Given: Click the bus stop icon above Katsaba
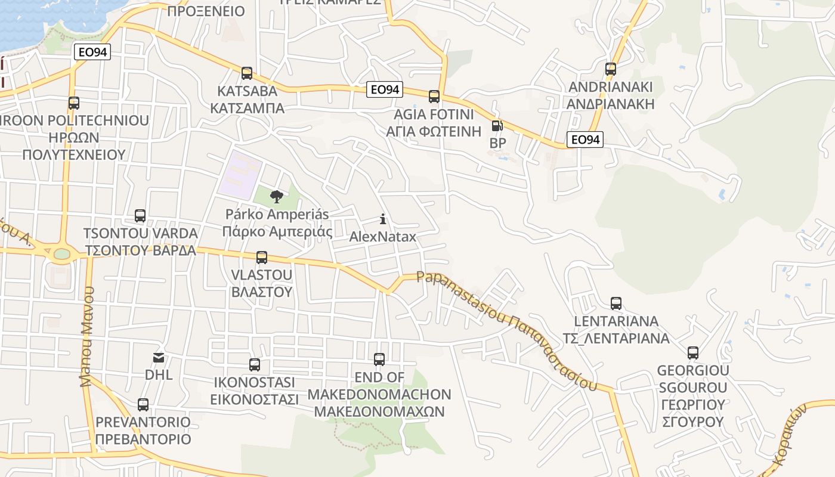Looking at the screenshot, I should [247, 73].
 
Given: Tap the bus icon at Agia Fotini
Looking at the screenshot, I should [434, 96].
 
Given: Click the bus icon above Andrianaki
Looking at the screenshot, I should [611, 69].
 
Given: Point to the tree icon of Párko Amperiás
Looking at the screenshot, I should [276, 196].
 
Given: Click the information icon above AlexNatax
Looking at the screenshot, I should [383, 219].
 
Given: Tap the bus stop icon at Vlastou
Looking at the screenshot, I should [262, 258].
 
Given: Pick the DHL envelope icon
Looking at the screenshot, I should [159, 358].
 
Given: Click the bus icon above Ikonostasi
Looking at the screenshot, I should [255, 365].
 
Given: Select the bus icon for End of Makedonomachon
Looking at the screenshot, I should [379, 360].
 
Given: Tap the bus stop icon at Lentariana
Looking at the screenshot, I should [616, 303].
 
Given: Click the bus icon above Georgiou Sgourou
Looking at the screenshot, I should [693, 353].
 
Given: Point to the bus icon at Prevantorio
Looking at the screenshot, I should [143, 405].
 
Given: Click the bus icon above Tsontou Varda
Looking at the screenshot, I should [140, 216].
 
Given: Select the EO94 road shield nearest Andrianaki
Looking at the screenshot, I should [584, 140].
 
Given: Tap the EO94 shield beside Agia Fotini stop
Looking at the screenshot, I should [385, 89].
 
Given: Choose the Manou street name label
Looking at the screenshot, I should [88, 336].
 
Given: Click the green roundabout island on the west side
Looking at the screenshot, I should [62, 254].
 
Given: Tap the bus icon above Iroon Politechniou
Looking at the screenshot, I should [74, 103].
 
